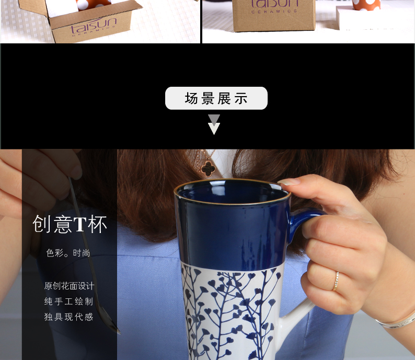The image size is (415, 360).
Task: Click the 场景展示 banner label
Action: pos(216,98)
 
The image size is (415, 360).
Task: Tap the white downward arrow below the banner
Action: pos(214,129)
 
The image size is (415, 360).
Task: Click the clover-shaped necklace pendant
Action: pos(208,168)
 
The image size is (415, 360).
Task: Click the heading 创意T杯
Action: pos(70,224)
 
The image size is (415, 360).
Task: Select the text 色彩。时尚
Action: pos(68,253)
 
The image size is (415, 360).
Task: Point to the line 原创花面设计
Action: pos(69,286)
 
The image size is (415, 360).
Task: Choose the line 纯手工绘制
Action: pos(68,301)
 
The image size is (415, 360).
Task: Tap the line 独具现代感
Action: pos(68,317)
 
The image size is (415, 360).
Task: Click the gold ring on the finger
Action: pos(336,281)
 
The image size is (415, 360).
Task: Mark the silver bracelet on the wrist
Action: pos(396,321)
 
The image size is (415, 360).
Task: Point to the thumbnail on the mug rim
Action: pos(289,182)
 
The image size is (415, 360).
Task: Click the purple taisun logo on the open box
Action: pos(93,26)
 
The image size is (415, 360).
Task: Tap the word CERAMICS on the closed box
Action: pos(274,11)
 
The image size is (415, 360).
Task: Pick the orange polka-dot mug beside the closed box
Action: pos(366,5)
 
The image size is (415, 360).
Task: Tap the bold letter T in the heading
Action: pos(79,224)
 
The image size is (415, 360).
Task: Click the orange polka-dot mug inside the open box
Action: pos(94,5)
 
